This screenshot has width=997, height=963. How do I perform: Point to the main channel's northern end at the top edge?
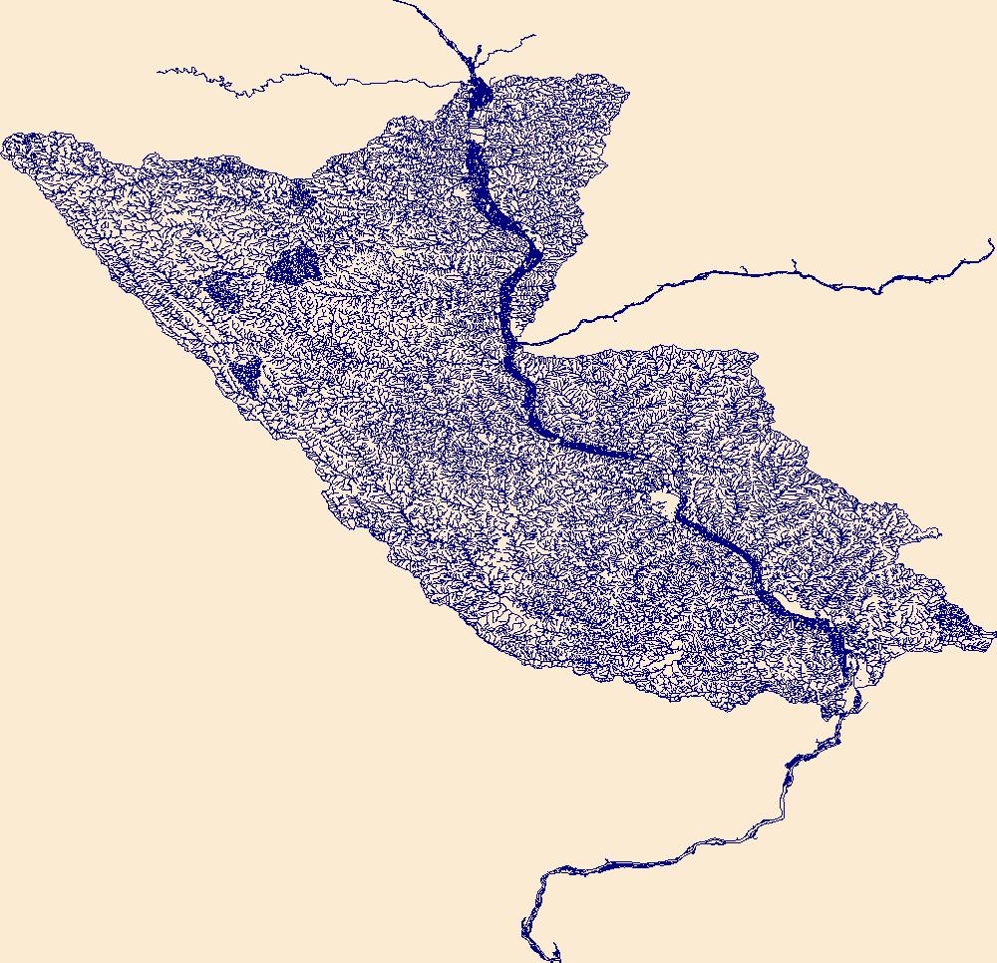pos(397,2)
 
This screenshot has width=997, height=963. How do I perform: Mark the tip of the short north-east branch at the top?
pos(534,37)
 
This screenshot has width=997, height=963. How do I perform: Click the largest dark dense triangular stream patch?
pos(294,264)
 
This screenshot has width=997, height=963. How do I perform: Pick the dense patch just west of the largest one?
pos(223,288)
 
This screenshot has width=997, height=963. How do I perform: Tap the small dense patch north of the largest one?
pos(301,194)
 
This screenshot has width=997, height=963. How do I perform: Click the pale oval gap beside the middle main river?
pos(662,498)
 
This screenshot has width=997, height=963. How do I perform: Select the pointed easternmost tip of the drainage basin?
pos(993,632)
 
